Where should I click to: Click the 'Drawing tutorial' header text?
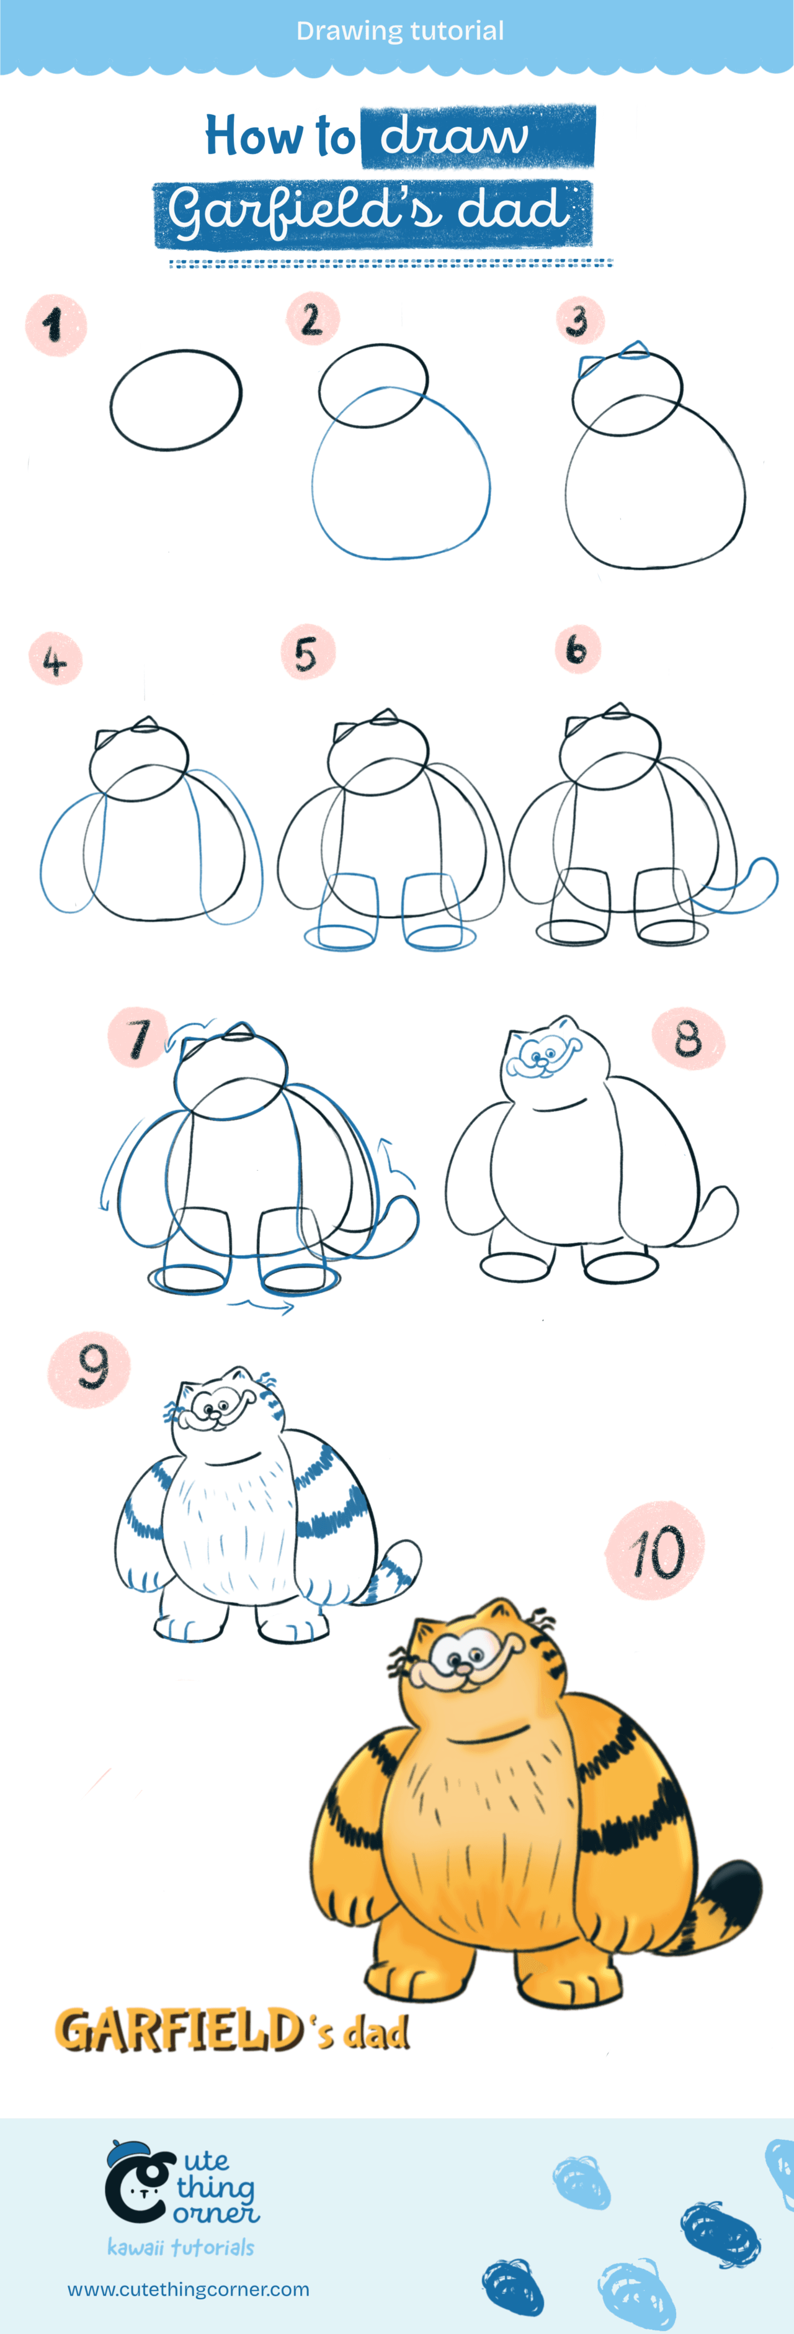399,31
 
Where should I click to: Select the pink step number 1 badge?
56,325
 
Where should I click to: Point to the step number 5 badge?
308,652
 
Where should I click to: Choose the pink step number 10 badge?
654,1550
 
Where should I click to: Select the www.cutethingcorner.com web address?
189,2289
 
